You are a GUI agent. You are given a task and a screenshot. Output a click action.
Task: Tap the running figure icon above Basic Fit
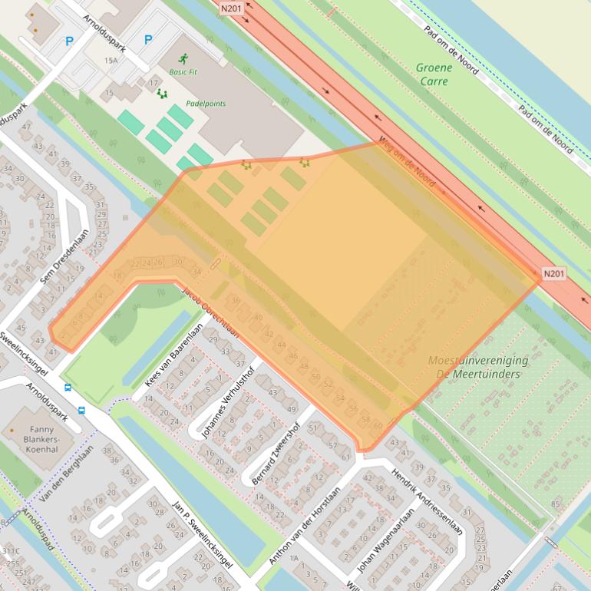click(x=183, y=58)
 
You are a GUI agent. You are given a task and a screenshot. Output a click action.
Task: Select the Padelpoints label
click(x=206, y=104)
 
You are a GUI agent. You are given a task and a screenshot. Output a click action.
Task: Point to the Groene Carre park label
click(x=434, y=74)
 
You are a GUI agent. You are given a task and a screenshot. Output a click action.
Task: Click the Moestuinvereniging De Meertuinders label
click(x=478, y=367)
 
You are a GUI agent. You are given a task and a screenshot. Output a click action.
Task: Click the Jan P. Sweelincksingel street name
click(x=204, y=542)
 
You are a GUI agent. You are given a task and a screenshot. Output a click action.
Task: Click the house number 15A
click(x=111, y=60)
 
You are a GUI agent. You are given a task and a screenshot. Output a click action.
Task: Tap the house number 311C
click(x=11, y=551)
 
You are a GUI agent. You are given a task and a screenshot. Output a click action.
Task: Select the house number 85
click(x=555, y=504)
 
